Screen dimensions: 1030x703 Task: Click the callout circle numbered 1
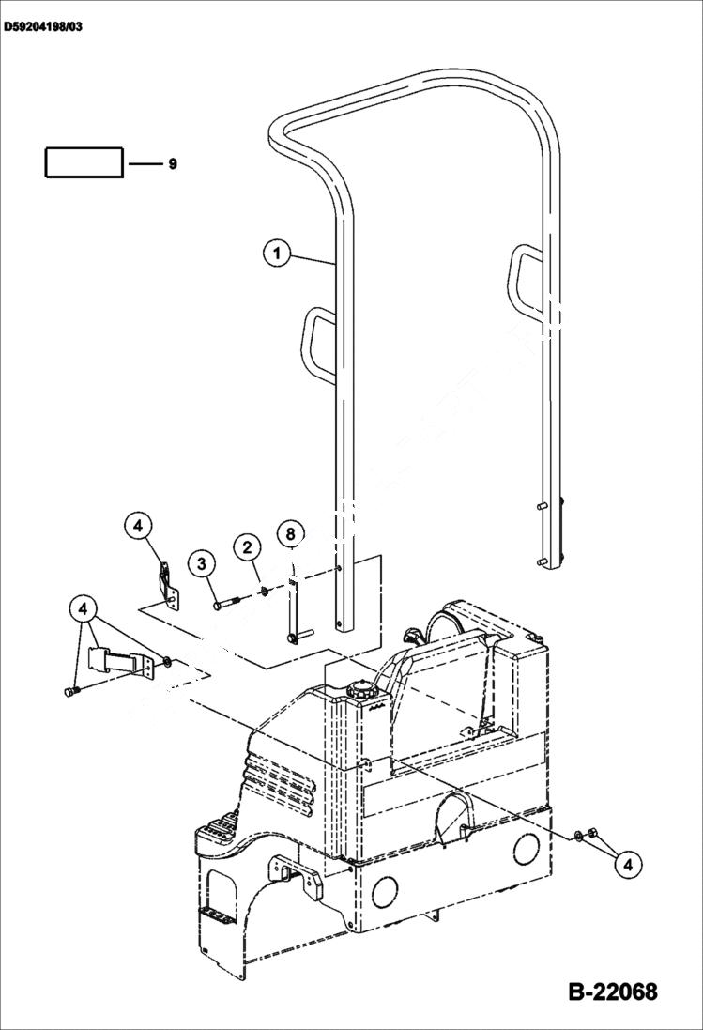(276, 253)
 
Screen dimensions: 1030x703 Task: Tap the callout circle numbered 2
(247, 547)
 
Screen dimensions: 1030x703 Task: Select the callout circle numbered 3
(201, 563)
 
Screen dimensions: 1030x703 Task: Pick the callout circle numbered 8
(291, 533)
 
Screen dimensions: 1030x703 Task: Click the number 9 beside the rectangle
(172, 164)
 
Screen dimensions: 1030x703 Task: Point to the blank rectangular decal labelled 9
(84, 162)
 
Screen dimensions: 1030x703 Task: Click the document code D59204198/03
(42, 27)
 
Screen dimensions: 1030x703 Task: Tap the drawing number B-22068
(612, 992)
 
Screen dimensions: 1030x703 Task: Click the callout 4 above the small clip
(137, 526)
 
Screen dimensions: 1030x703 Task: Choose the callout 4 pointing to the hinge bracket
(84, 608)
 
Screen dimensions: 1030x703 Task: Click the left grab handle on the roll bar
(315, 344)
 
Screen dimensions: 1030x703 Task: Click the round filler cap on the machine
(359, 691)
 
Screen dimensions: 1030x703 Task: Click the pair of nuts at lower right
(583, 834)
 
